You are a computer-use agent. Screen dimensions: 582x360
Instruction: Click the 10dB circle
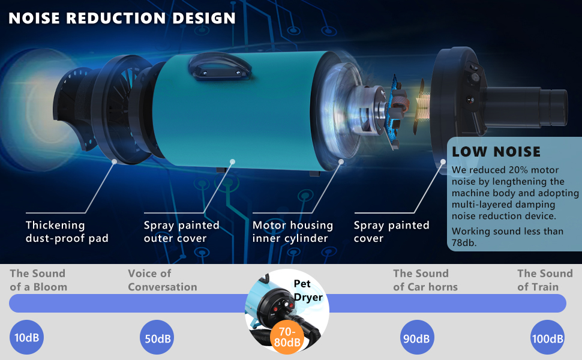tap(27, 338)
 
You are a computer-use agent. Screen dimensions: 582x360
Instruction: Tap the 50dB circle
tap(157, 338)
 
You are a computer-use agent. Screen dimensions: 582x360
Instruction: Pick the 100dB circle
tap(547, 338)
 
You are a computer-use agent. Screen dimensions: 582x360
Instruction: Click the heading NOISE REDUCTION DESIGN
tap(122, 18)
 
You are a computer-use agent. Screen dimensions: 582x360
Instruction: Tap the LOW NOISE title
tap(496, 152)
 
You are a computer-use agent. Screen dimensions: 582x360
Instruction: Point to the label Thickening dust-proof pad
tap(67, 232)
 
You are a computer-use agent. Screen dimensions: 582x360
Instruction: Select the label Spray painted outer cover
tap(181, 232)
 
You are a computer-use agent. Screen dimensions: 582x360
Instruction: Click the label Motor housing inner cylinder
tap(292, 232)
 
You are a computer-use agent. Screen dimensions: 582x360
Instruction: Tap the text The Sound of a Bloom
tap(38, 280)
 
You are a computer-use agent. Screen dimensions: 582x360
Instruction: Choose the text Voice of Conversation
tap(162, 280)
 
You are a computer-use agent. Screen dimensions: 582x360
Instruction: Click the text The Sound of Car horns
tap(425, 280)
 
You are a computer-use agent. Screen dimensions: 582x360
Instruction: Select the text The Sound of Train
tap(545, 280)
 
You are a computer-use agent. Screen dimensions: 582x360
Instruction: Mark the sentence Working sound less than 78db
tap(508, 237)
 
